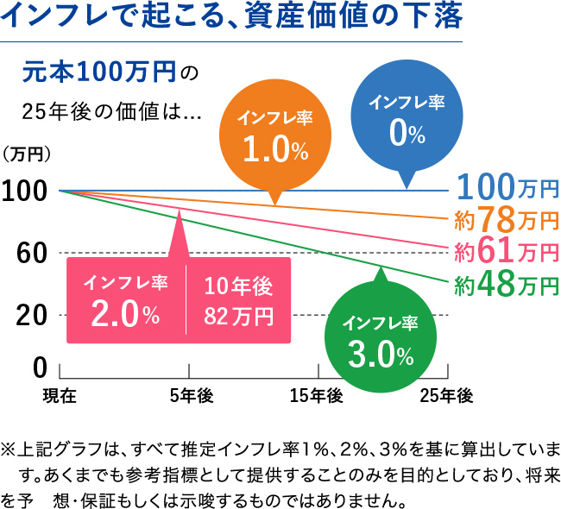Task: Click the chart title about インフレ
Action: pyautogui.click(x=233, y=17)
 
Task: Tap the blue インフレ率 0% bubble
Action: pyautogui.click(x=407, y=121)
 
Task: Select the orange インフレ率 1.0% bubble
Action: pyautogui.click(x=275, y=138)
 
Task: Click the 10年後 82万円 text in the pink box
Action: pyautogui.click(x=238, y=301)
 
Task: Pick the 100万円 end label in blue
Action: pyautogui.click(x=507, y=187)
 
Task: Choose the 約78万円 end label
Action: pyautogui.click(x=506, y=219)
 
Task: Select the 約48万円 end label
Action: pyautogui.click(x=506, y=283)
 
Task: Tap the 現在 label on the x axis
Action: pyautogui.click(x=60, y=396)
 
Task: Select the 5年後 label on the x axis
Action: pyautogui.click(x=191, y=396)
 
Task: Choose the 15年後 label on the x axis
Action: pyautogui.click(x=317, y=396)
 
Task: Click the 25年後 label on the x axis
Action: pyautogui.click(x=446, y=396)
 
